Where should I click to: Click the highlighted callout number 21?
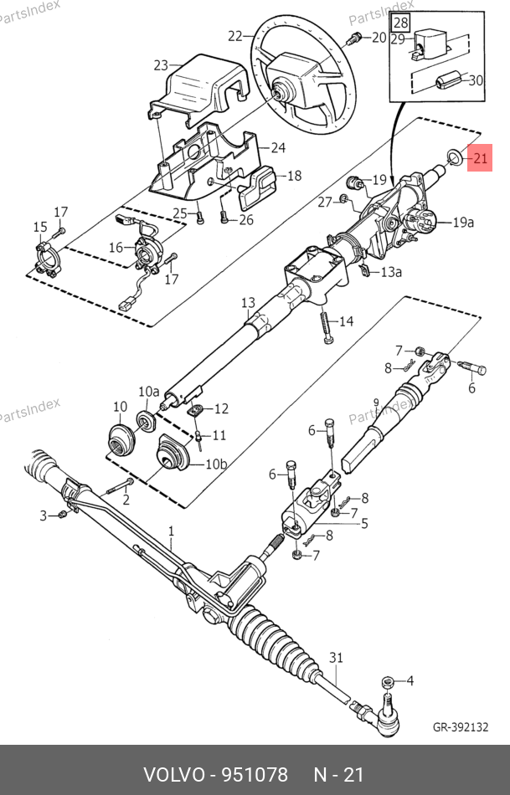[480, 158]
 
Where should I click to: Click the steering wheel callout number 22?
[235, 36]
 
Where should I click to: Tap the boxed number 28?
[401, 23]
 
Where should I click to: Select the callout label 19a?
[463, 222]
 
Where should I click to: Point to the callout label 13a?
[391, 272]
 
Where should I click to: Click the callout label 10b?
[216, 464]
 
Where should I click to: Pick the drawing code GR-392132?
[461, 727]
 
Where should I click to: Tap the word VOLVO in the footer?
[174, 774]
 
